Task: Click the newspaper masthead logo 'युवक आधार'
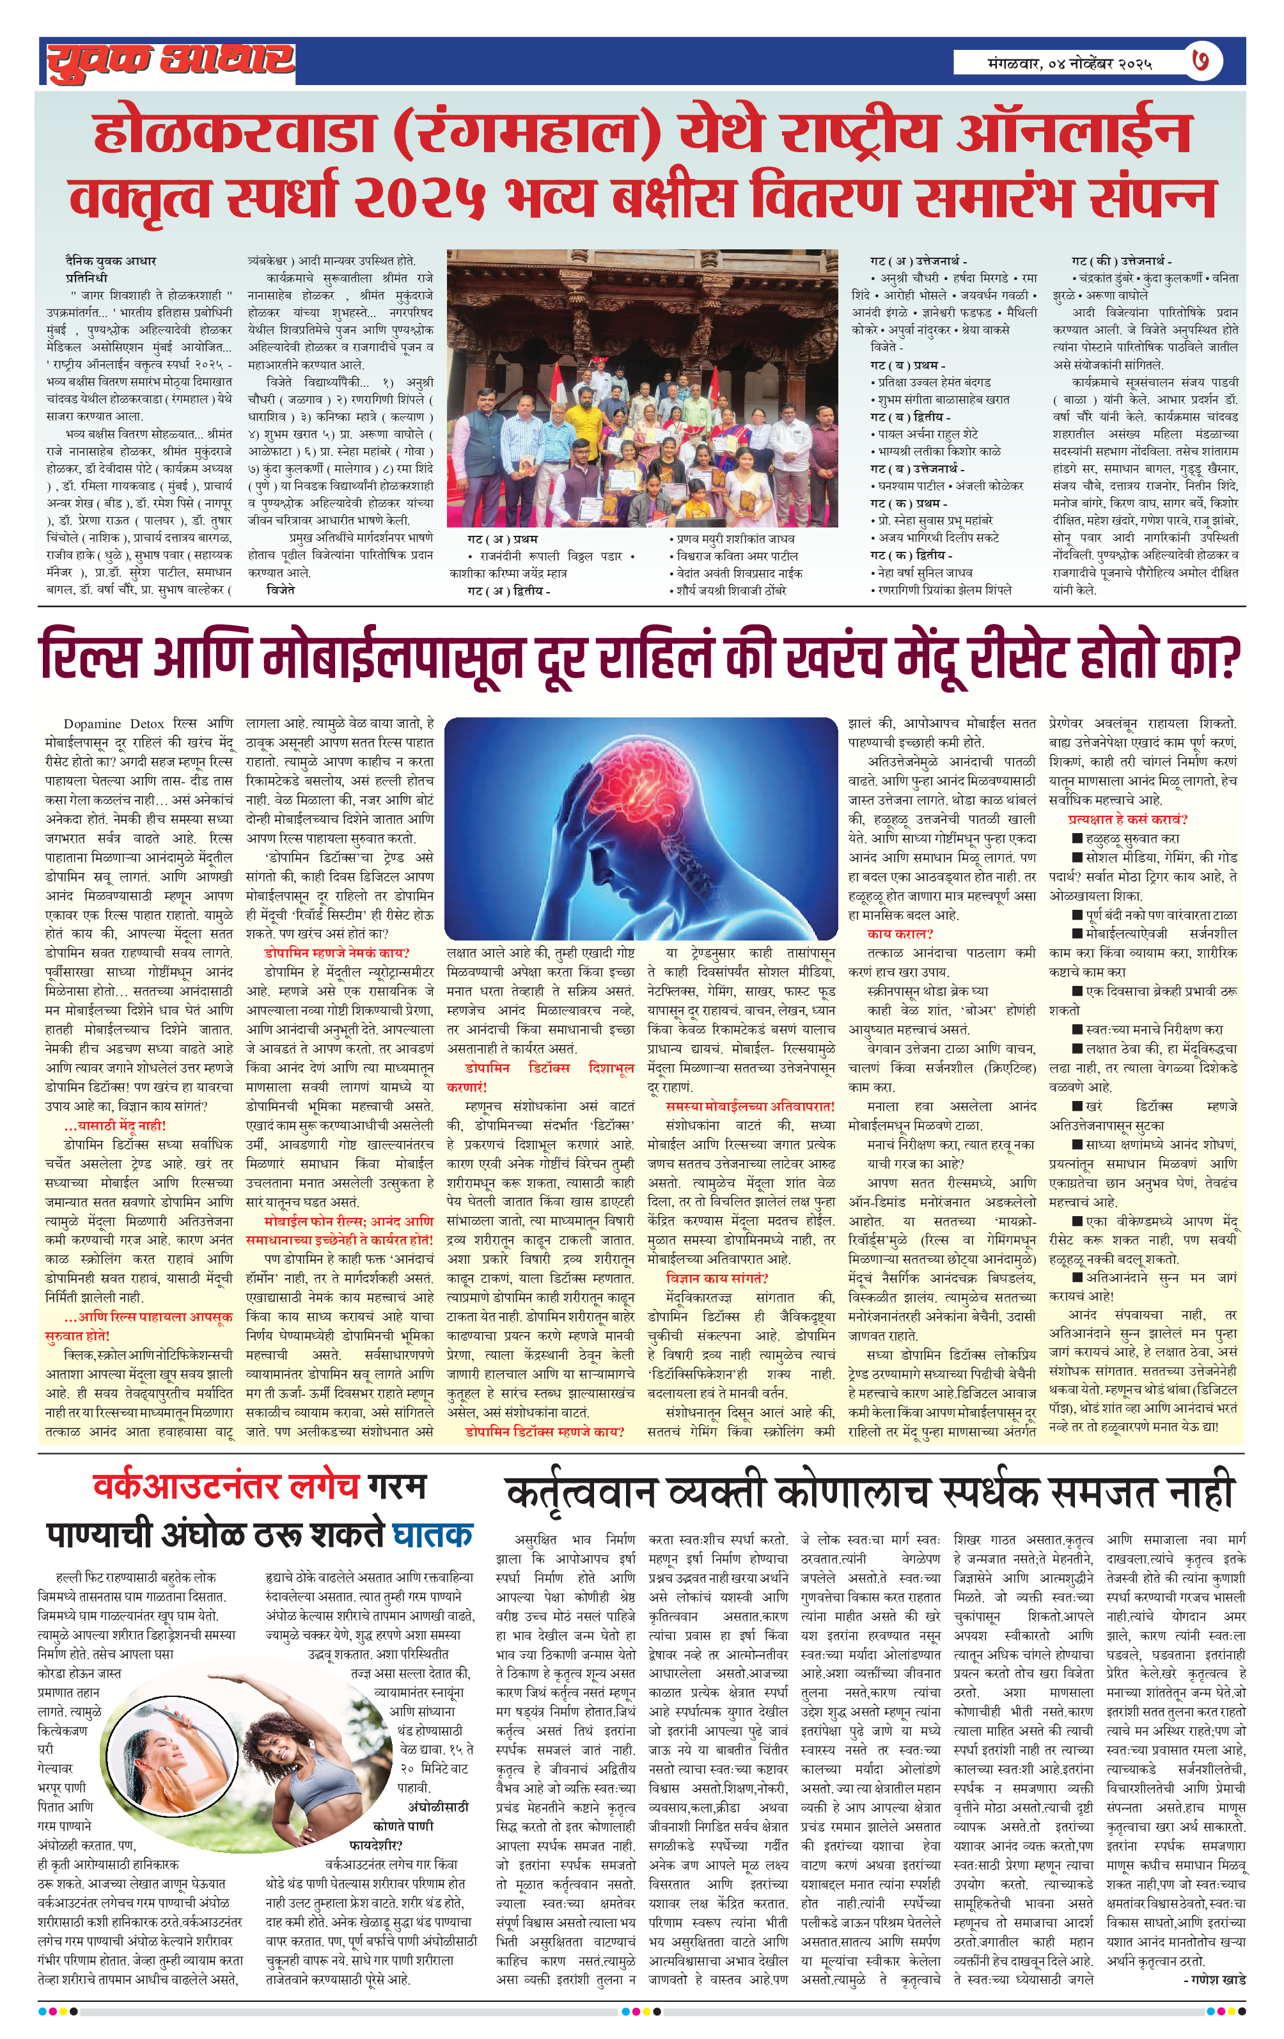pyautogui.click(x=170, y=61)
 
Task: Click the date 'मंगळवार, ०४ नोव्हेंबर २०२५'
pyautogui.click(x=1069, y=63)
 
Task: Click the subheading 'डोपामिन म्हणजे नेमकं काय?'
pyautogui.click(x=336, y=953)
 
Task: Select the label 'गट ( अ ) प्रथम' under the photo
pyautogui.click(x=502, y=538)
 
